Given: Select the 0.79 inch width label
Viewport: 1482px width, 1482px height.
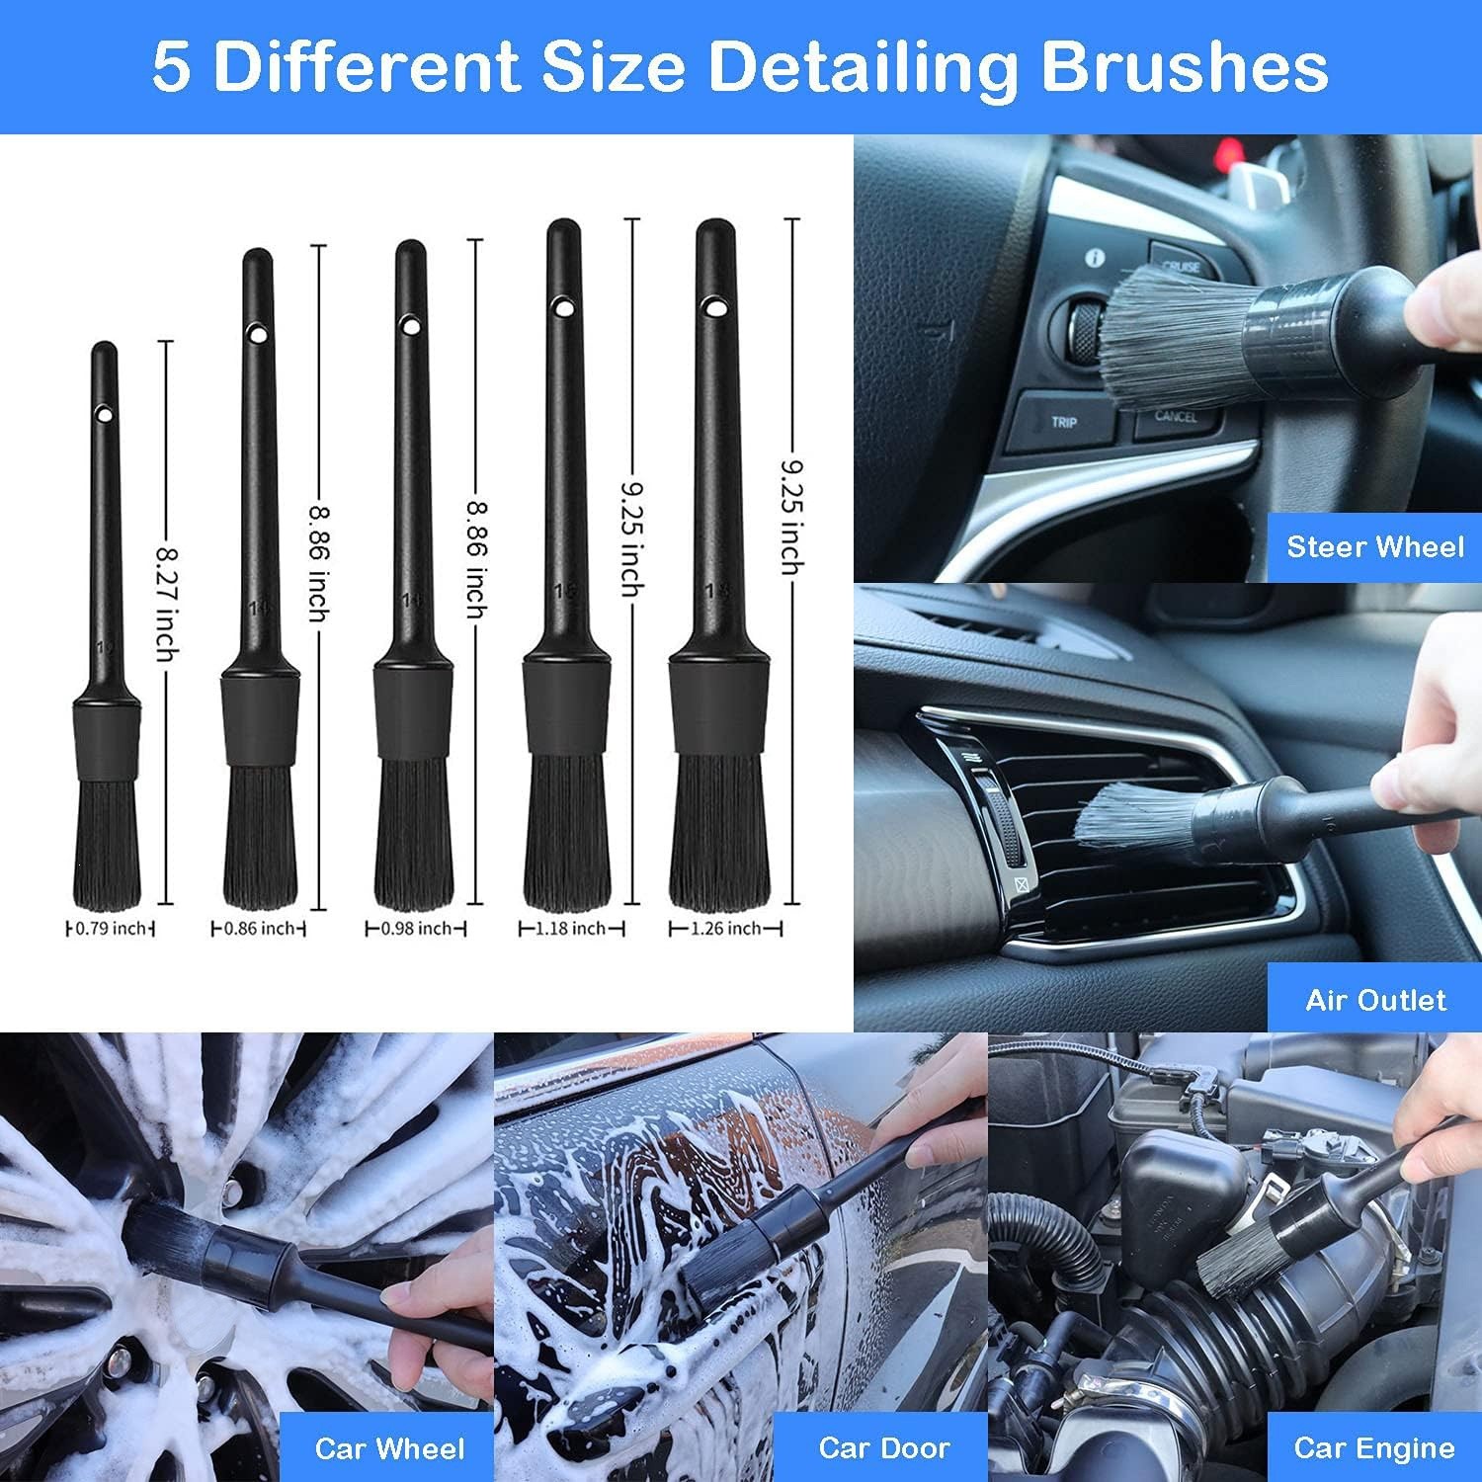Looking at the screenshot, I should [111, 929].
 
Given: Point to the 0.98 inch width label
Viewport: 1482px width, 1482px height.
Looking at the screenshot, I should [416, 929].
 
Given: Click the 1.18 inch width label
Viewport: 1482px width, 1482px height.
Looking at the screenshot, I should [571, 929].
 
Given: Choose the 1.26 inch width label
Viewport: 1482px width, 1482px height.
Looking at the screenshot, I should [725, 929].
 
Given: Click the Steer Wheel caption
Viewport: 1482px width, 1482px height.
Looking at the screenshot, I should [1374, 546].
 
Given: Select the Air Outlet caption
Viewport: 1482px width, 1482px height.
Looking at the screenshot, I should [1375, 1000].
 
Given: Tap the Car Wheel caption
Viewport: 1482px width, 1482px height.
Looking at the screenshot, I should [389, 1448].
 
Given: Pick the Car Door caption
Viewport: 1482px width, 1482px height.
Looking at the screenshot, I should [884, 1448].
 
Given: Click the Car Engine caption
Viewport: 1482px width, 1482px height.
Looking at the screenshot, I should [1374, 1448].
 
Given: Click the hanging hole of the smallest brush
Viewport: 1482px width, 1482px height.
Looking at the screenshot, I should [103, 412].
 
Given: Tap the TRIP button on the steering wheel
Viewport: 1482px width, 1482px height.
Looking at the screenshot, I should [1064, 423].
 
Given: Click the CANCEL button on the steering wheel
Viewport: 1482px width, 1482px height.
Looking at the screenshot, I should [1176, 416].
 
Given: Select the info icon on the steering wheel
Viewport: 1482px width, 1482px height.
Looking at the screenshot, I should [1095, 259].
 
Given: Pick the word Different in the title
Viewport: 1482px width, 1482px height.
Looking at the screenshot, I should [367, 67].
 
